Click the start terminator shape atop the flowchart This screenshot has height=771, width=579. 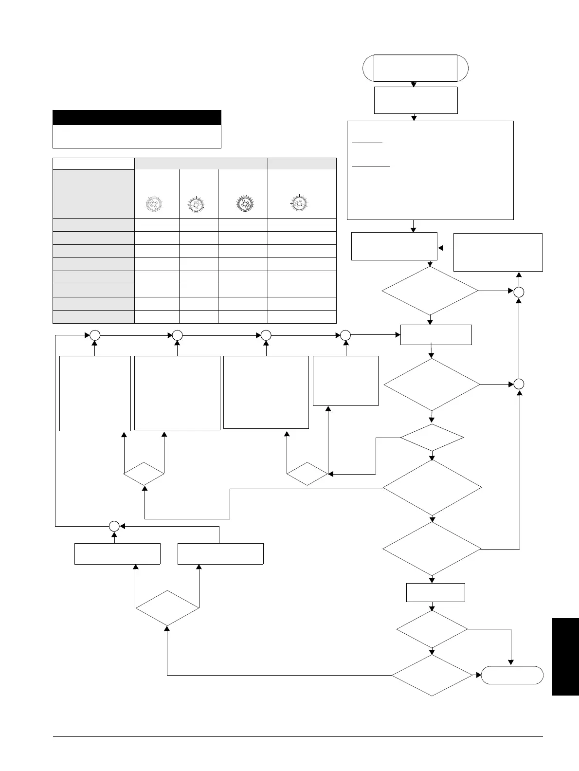pos(416,68)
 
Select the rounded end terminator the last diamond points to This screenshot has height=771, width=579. pos(512,675)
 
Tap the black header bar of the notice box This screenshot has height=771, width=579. pos(137,118)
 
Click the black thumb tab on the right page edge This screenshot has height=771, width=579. pos(565,657)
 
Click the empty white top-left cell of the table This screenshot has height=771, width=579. pos(93,164)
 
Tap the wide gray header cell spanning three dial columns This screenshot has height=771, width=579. pos(201,164)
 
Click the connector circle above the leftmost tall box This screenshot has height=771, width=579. pos(95,335)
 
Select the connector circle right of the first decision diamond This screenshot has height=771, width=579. pos(519,292)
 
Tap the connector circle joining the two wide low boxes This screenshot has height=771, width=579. pos(114,526)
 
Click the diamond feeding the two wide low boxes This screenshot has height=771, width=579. pos(167,608)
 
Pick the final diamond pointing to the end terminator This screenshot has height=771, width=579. pos(432,675)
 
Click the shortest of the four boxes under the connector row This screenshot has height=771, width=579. pos(345,381)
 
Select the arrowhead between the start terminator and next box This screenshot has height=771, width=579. pos(414,84)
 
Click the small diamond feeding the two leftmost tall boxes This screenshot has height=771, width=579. pos(144,473)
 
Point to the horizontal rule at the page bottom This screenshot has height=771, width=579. pos(297,736)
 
